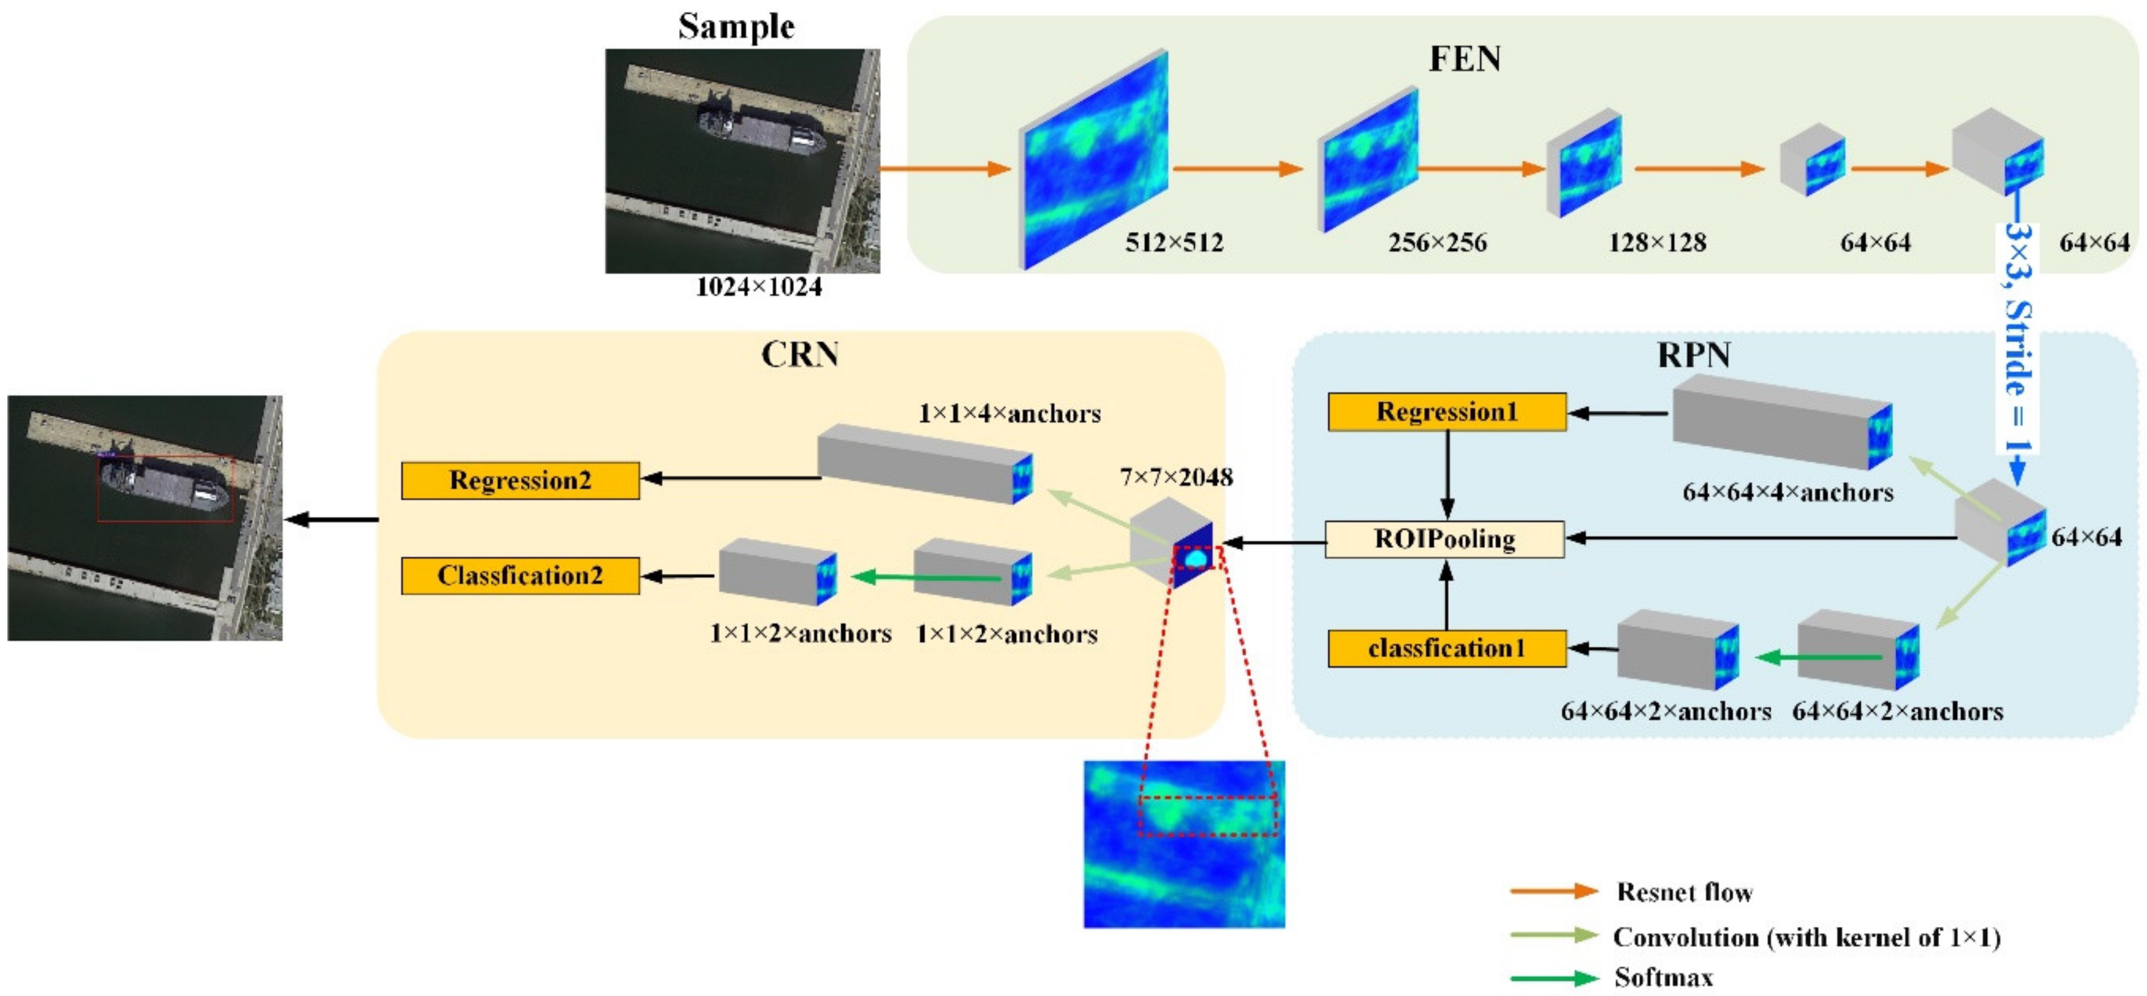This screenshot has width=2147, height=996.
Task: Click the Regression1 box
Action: tap(1446, 412)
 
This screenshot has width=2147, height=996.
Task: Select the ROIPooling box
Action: tap(1445, 539)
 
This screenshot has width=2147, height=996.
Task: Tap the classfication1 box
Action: tap(1446, 649)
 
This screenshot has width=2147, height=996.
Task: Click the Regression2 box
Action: tap(520, 481)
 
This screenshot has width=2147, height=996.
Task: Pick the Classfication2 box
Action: tap(520, 576)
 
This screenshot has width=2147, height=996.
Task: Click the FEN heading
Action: tap(1464, 59)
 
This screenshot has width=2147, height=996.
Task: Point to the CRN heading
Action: tap(799, 354)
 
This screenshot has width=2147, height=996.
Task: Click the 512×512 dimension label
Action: tap(1174, 243)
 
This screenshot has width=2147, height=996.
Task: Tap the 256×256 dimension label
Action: tap(1437, 243)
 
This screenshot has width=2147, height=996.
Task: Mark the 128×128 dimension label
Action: tap(1657, 243)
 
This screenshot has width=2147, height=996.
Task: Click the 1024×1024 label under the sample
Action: tap(759, 287)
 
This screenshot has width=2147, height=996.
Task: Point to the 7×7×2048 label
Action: tap(1176, 478)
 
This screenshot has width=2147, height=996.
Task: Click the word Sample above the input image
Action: tap(736, 26)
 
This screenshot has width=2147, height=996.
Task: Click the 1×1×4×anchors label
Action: tap(1009, 413)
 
